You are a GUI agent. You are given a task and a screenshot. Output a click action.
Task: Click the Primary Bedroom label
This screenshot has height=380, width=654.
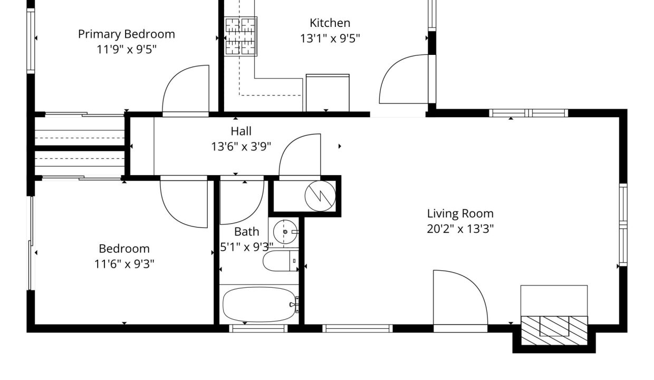[127, 34]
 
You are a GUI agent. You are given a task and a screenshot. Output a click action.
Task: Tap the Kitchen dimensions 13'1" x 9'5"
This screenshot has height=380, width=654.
[330, 38]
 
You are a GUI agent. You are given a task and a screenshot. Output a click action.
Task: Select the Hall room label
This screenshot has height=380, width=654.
[241, 131]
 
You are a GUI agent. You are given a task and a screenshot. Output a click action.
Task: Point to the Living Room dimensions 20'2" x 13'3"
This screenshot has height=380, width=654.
[460, 229]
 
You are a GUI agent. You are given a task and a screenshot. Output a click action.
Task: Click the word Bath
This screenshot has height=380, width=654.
[246, 232]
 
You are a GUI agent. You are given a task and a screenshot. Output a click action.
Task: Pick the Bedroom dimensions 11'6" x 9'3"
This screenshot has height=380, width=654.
[124, 264]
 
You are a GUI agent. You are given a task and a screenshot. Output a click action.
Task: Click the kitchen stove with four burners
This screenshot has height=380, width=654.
[241, 36]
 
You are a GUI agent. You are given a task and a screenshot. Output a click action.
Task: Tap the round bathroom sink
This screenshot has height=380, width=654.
[285, 232]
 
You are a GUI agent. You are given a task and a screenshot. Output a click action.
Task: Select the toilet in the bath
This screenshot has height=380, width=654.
[280, 261]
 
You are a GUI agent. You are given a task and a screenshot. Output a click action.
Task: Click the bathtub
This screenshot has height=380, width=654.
[259, 305]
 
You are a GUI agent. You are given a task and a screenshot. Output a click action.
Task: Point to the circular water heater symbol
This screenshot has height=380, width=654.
[320, 196]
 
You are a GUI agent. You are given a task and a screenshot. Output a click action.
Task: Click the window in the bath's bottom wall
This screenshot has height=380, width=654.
[258, 329]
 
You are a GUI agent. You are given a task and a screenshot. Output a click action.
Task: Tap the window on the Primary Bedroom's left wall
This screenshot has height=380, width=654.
[31, 41]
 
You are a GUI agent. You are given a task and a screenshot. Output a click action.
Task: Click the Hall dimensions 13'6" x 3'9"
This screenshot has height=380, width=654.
[241, 147]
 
